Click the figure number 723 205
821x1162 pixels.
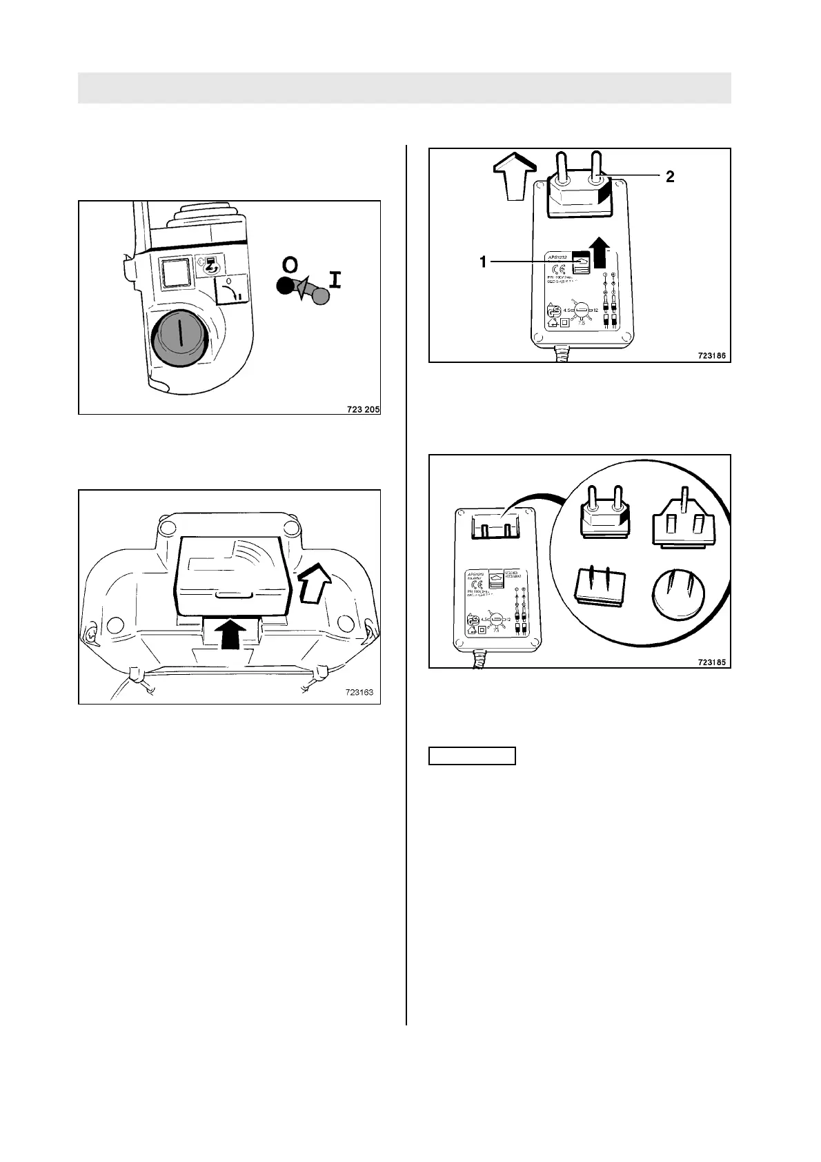(x=363, y=408)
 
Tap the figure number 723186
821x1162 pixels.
(x=712, y=356)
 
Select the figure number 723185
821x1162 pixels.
(x=712, y=662)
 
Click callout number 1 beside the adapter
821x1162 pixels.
(x=484, y=262)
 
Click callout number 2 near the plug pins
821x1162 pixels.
(x=670, y=177)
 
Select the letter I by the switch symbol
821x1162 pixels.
(x=335, y=279)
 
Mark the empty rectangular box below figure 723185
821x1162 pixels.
(x=473, y=756)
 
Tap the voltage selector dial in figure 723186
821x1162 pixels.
(x=584, y=311)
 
